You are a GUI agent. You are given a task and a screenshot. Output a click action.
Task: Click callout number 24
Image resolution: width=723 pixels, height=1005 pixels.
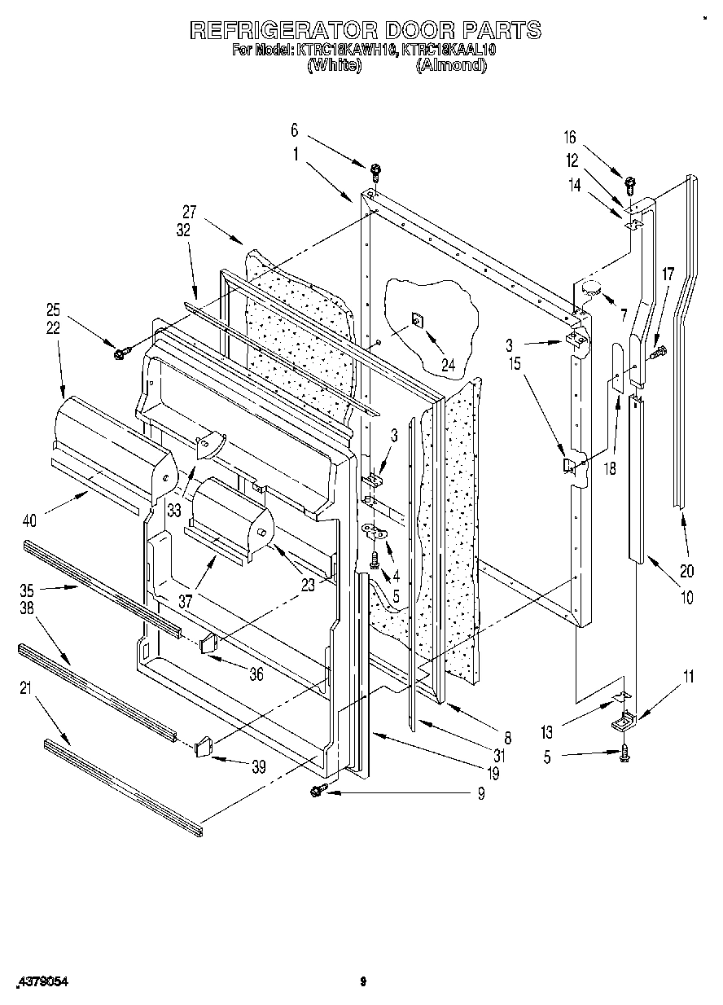tap(448, 343)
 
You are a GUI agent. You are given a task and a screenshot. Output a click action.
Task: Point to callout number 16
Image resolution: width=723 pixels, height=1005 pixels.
tap(569, 138)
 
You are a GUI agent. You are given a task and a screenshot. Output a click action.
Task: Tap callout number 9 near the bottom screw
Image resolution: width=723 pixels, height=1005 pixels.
tap(480, 792)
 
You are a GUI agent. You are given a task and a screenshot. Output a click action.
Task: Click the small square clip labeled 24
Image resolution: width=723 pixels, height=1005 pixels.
tap(416, 320)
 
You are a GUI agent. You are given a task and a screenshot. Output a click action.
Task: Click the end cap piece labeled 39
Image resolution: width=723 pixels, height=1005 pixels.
tap(204, 745)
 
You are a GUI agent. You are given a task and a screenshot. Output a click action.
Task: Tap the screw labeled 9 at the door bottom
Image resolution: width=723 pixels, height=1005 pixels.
tap(318, 789)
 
